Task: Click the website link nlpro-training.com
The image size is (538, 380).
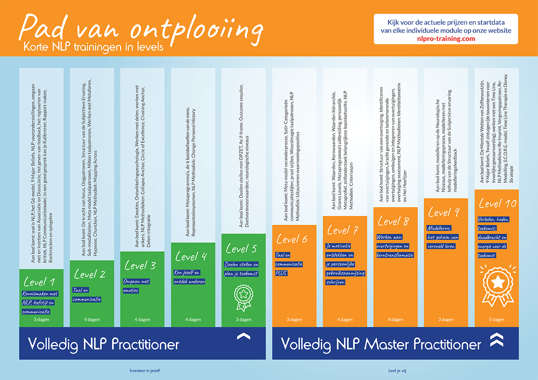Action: (446, 38)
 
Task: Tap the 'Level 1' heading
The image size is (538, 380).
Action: (39, 282)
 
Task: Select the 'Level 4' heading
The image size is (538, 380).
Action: (191, 256)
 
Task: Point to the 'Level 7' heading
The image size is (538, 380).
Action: (343, 230)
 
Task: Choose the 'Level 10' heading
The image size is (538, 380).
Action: (497, 204)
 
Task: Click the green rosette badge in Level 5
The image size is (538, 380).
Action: (243, 297)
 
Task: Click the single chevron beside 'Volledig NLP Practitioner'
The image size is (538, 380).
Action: (243, 337)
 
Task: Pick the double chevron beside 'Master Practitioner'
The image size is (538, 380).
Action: (496, 340)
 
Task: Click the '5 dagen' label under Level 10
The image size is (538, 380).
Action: (496, 320)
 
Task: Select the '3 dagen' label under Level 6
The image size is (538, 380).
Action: (295, 320)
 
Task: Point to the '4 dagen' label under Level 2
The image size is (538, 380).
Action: (92, 320)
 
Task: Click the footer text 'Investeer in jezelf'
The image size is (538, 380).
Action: (145, 371)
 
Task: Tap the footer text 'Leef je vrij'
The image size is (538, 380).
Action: (398, 371)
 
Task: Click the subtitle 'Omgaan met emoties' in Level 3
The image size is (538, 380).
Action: (136, 286)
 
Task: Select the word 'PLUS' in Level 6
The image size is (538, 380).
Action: (281, 273)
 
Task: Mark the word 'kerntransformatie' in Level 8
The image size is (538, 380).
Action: (395, 255)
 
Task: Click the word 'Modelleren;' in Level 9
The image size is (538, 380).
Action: (439, 228)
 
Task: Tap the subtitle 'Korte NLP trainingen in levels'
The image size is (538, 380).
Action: (94, 46)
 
